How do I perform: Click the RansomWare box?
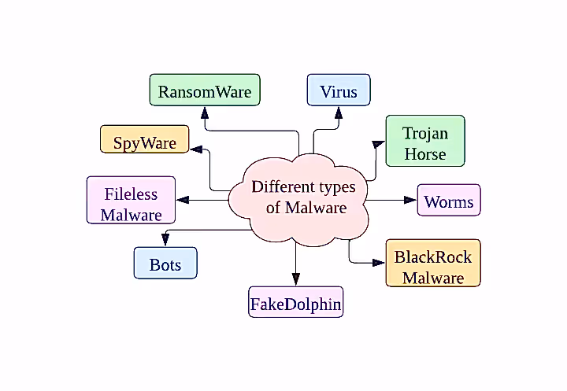point(205,90)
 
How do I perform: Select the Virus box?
point(338,90)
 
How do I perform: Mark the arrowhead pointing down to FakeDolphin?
point(296,279)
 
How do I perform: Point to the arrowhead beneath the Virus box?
point(337,112)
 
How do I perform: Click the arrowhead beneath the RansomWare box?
point(205,112)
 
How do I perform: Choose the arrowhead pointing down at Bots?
point(165,240)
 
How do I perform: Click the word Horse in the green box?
point(425,153)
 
